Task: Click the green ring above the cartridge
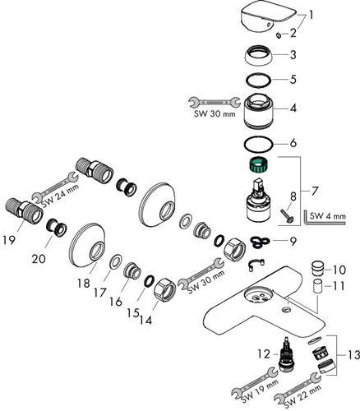259,165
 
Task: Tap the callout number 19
9,241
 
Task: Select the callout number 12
264,354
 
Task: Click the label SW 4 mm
327,216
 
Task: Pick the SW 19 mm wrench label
260,387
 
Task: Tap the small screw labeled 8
287,215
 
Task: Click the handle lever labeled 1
268,17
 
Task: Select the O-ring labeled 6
258,144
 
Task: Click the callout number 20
39,258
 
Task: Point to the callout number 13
353,355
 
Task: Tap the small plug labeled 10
318,270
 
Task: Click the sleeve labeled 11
318,286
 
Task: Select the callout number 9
293,241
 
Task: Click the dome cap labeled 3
259,55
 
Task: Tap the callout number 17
99,293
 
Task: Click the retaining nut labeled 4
258,111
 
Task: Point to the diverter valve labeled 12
287,354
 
